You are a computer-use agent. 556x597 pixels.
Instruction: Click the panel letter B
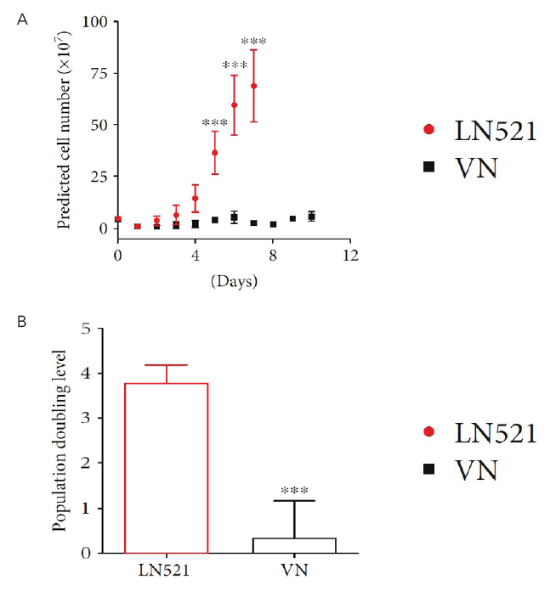(x=23, y=323)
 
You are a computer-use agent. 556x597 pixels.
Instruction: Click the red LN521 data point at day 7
(x=253, y=86)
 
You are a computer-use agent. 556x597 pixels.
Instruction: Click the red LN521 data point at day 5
(x=215, y=153)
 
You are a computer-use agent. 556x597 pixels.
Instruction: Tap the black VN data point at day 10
(x=311, y=217)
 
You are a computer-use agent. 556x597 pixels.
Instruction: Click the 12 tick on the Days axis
(x=349, y=254)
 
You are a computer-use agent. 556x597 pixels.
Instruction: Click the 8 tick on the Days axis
(x=273, y=254)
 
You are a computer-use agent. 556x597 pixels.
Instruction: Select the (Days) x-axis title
(x=233, y=279)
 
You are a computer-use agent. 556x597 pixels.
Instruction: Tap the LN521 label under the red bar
(x=165, y=567)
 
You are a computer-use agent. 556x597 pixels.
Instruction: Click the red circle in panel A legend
(x=428, y=129)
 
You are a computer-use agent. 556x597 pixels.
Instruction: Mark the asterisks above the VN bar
(x=293, y=491)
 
